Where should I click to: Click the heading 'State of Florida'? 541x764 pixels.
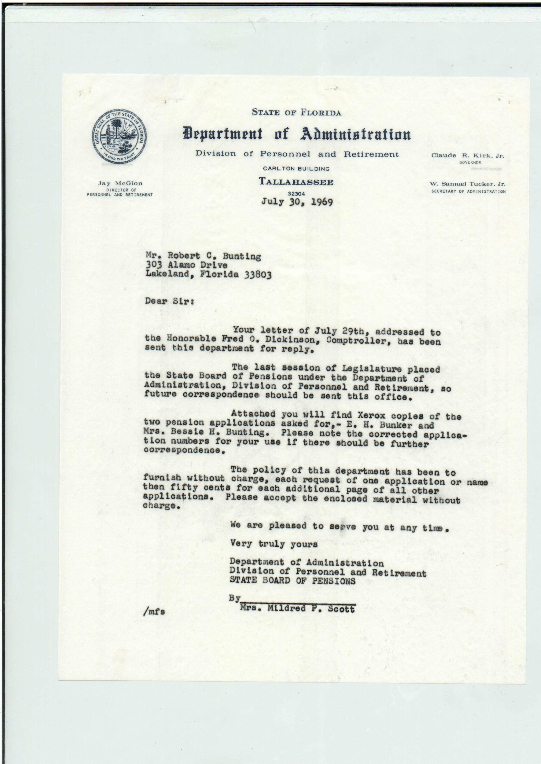pyautogui.click(x=296, y=112)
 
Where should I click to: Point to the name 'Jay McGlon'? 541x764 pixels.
pyautogui.click(x=120, y=183)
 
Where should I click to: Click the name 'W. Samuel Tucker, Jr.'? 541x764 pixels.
pyautogui.click(x=467, y=184)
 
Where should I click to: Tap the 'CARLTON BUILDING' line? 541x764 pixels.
pyautogui.click(x=296, y=169)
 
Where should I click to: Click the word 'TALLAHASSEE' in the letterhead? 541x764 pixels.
pyautogui.click(x=296, y=182)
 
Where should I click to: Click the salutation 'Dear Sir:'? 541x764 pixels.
pyautogui.click(x=169, y=301)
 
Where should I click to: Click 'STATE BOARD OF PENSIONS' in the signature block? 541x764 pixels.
pyautogui.click(x=292, y=581)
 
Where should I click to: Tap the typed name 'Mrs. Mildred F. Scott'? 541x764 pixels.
pyautogui.click(x=297, y=608)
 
